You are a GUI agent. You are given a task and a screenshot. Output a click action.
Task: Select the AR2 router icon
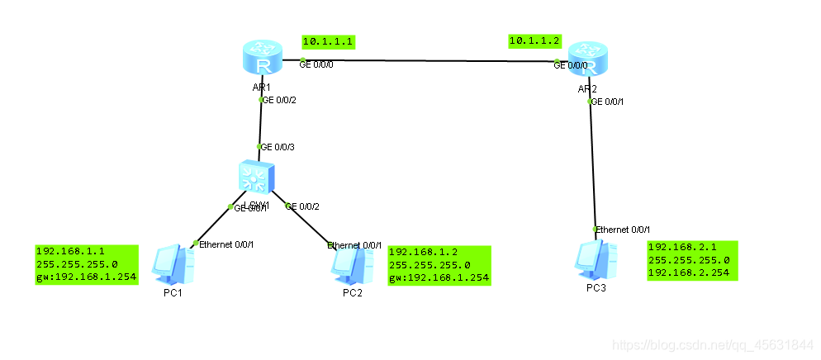587,59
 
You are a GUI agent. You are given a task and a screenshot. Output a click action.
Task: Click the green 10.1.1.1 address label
328,41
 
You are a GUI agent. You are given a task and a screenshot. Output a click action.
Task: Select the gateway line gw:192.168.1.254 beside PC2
439,278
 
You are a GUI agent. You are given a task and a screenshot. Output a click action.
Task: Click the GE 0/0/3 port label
278,147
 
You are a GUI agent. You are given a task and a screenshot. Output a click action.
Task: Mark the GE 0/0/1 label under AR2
607,102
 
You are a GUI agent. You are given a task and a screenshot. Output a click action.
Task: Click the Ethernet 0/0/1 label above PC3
624,229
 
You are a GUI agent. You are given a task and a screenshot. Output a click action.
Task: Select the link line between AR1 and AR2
429,61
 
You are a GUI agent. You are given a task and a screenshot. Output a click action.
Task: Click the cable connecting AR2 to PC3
592,165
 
